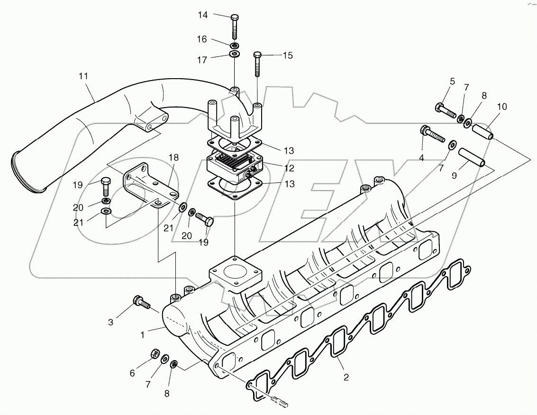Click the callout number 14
click(202, 15)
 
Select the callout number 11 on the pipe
click(84, 76)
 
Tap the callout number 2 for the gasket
click(346, 378)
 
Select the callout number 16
click(202, 40)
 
